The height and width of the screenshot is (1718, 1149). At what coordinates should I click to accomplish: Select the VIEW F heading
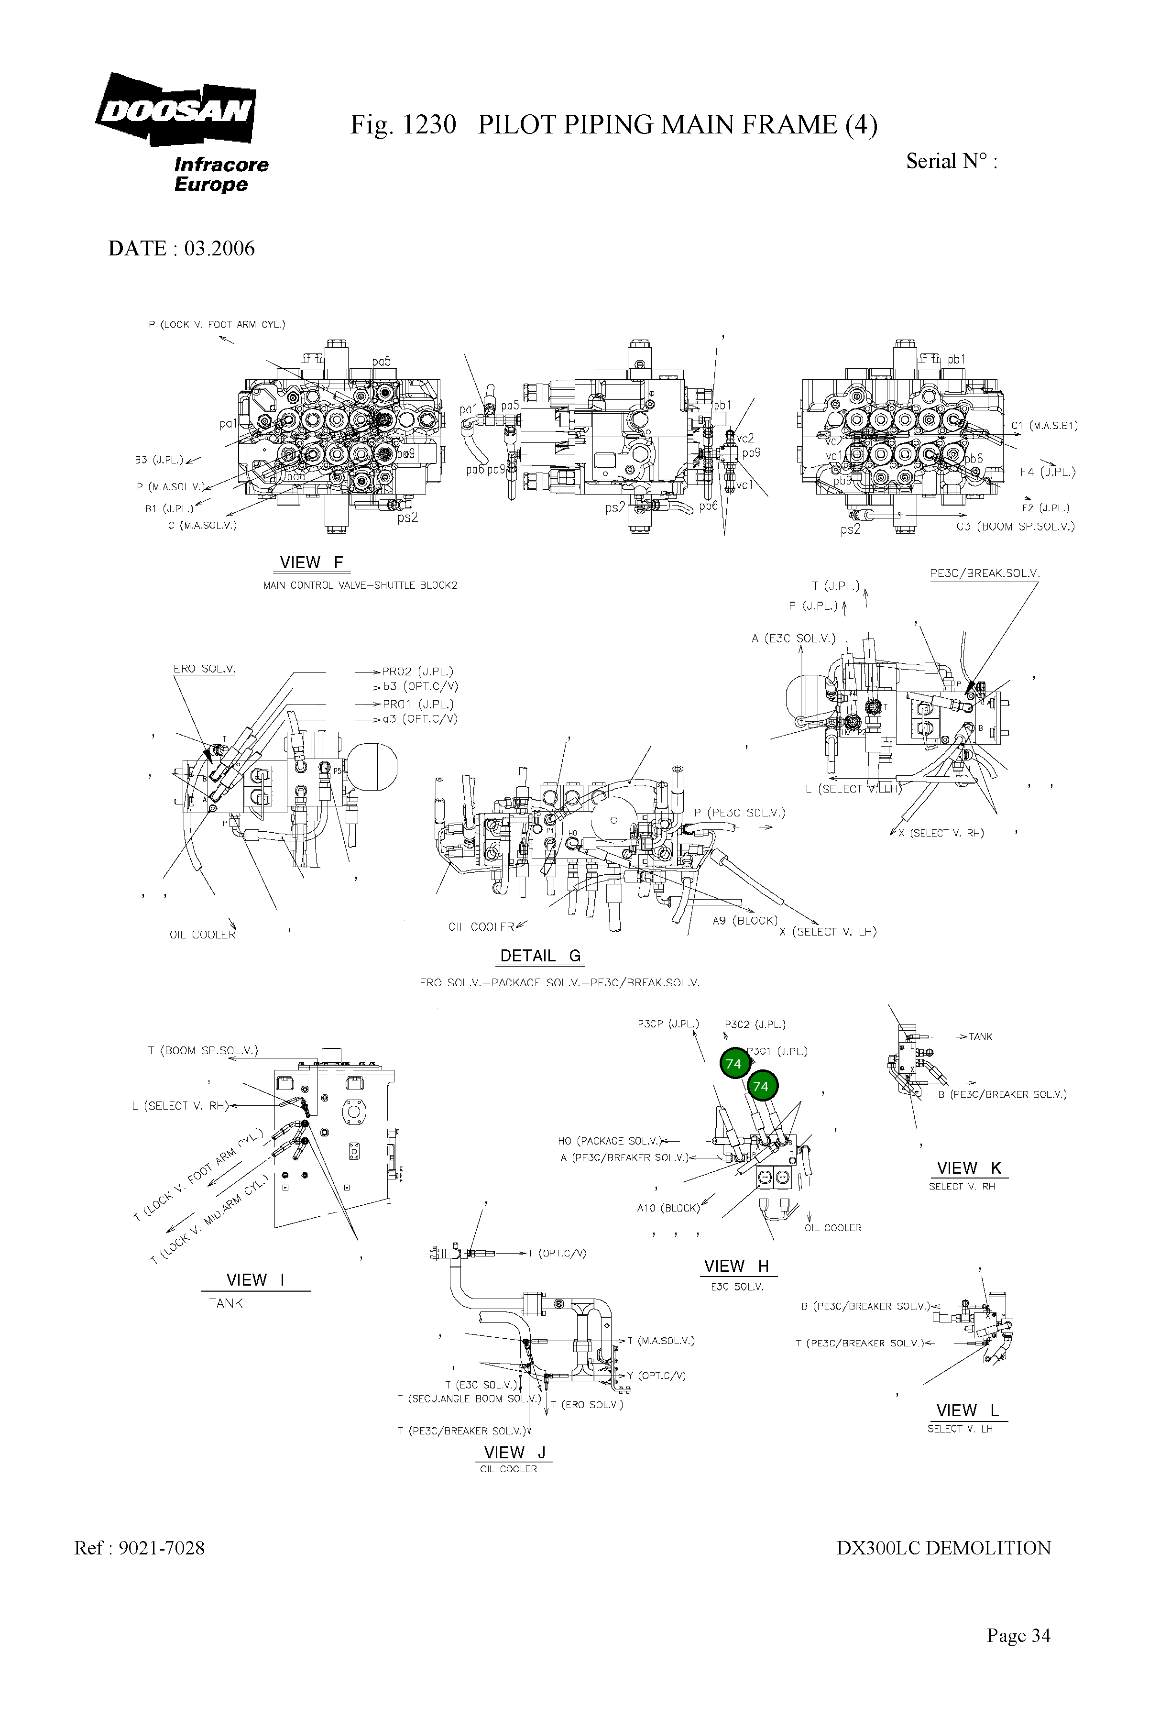point(311,563)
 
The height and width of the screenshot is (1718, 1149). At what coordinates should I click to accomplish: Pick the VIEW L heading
point(967,1411)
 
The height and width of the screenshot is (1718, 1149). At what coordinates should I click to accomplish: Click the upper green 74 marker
point(733,1064)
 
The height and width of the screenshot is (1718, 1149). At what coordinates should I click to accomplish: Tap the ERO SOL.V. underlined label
point(203,669)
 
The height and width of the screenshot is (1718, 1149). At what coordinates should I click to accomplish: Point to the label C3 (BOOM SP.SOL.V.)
point(1016,526)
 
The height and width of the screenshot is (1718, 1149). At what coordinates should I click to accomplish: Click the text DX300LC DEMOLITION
point(943,1548)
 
